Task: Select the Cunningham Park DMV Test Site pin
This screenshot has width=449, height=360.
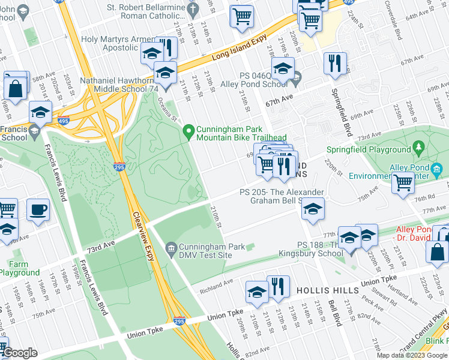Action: [x=172, y=247]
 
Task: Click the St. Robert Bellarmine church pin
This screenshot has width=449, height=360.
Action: [x=192, y=8]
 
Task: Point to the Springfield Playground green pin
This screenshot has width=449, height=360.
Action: [x=419, y=148]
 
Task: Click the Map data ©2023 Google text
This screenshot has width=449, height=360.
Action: [x=412, y=355]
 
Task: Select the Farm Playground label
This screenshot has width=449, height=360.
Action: [x=19, y=268]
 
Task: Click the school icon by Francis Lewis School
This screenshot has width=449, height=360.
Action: [x=40, y=111]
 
